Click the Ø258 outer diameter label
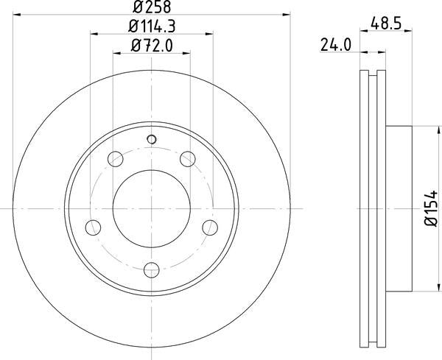pos(151,9)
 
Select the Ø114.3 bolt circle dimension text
pos(151,29)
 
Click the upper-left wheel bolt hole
pos(115,158)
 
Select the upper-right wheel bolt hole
pos(188,158)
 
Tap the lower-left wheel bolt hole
pos(92,227)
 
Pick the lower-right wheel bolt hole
pos(210,227)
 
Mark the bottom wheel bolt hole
pos(151,269)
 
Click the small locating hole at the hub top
pos(152,139)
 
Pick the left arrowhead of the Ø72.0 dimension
pos(116,53)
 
